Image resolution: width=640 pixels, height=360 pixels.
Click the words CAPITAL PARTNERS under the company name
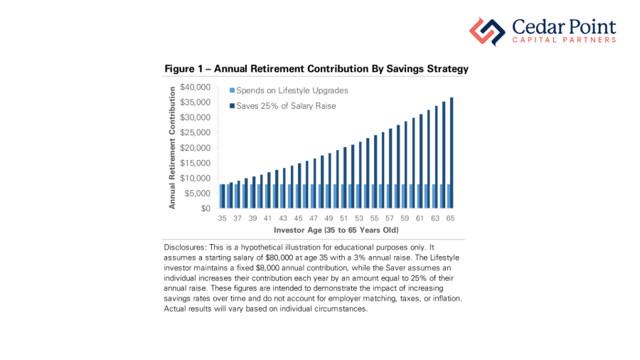tap(564, 41)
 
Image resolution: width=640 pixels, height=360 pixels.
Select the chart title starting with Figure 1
tap(316, 69)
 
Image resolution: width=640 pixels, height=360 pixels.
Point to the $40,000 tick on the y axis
tap(196, 87)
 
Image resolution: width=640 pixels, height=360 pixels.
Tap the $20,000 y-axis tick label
tap(196, 148)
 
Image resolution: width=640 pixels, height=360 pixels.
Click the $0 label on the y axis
tap(206, 208)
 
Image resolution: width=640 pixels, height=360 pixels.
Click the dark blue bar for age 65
tap(452, 153)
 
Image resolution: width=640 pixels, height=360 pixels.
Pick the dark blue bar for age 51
tap(345, 178)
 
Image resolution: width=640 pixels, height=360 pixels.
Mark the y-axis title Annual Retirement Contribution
tap(172, 148)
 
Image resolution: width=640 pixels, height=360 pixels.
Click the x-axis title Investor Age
tap(336, 231)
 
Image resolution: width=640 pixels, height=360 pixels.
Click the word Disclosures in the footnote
tap(186, 246)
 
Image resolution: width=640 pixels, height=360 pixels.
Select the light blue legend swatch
tap(231, 91)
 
